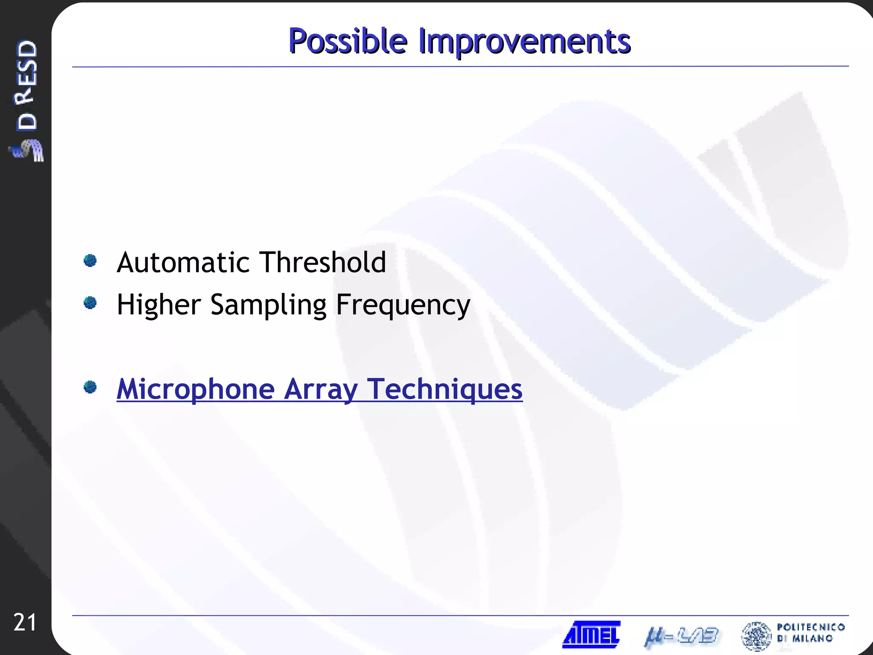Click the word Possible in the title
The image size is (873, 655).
[x=348, y=41]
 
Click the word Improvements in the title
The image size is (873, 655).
[x=524, y=41]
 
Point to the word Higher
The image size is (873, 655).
[x=159, y=304]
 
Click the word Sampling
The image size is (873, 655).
[x=269, y=305]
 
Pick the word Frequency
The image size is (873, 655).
[x=403, y=305]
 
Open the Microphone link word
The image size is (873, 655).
[x=196, y=389]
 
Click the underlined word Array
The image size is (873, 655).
[x=321, y=389]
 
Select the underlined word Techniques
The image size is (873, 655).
[x=445, y=389]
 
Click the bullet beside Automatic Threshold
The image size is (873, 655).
[x=90, y=261]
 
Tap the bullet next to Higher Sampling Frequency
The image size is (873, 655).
[x=90, y=303]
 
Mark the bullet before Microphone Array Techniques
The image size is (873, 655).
[x=90, y=387]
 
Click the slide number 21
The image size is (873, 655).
[x=25, y=623]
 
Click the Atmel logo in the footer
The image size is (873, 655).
[x=591, y=635]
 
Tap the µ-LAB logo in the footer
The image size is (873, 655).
[x=681, y=637]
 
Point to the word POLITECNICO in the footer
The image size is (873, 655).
[x=811, y=627]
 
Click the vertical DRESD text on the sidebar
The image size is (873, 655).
[x=26, y=85]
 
